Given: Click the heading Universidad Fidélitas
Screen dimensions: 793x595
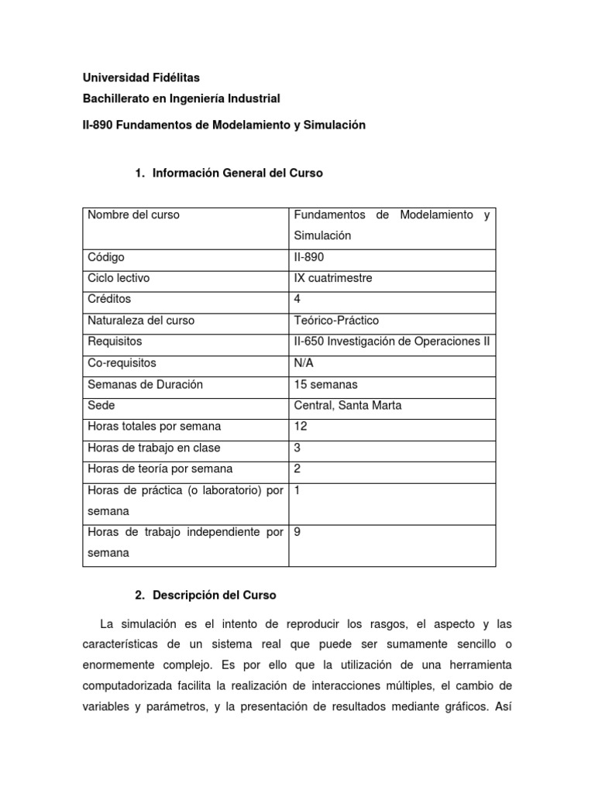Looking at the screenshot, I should tap(141, 77).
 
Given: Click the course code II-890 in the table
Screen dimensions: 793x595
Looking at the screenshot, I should tap(310, 257).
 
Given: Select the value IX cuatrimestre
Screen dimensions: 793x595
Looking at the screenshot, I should tap(333, 278).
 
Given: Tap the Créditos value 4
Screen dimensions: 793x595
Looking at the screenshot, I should tap(297, 299).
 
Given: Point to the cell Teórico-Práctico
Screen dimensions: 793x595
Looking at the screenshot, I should tap(336, 321).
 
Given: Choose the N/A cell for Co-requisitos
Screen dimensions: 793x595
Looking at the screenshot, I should tap(304, 362).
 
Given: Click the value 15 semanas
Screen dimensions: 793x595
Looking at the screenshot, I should tap(325, 384).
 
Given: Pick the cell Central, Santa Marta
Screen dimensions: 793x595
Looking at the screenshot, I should tap(348, 405).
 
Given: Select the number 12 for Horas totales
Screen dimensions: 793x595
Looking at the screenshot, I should tap(301, 426).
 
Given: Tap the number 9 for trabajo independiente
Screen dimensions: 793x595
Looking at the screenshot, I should tap(297, 533).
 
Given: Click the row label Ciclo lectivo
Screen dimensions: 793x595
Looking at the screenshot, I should tap(119, 278).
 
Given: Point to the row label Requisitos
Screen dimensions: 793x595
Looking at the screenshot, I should tap(115, 342).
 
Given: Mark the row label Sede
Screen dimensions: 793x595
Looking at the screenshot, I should tap(100, 405).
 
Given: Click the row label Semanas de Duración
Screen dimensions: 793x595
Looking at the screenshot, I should tap(145, 384).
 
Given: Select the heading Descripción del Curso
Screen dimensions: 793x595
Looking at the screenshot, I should tap(214, 596).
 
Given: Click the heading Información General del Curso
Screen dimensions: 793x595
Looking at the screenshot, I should tap(237, 173).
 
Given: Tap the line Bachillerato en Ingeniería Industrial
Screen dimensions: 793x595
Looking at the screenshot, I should tap(181, 99).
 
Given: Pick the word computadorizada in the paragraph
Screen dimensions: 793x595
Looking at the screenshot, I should tap(129, 686).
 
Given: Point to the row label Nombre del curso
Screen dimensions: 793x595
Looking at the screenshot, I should tap(133, 215).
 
